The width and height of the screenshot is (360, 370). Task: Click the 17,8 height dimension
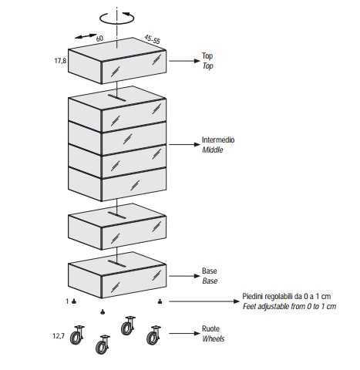[60, 61]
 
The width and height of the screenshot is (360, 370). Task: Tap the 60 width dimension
[99, 39]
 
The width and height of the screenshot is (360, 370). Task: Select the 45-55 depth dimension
[152, 39]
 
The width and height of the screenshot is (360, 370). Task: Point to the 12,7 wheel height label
[59, 336]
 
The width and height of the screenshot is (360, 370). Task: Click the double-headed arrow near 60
[86, 36]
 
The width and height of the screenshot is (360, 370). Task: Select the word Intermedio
[218, 140]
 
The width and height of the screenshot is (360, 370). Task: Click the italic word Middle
[213, 150]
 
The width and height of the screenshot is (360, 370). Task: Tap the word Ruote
[210, 328]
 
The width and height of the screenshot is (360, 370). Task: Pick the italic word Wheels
[214, 338]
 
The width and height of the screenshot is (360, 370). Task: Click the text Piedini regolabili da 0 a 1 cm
[287, 296]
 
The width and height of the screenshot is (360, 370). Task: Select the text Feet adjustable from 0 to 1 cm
[289, 306]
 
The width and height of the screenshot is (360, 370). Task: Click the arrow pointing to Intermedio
[184, 145]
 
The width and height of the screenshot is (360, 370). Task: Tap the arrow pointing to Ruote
[184, 334]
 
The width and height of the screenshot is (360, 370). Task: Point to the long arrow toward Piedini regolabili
[204, 301]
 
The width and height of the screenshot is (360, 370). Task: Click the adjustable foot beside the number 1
[74, 301]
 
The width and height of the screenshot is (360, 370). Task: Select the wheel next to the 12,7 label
[77, 335]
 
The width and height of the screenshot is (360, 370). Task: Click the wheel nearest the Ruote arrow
[153, 335]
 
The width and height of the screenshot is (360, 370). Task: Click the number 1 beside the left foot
[67, 301]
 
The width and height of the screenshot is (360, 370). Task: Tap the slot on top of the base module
[117, 264]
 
